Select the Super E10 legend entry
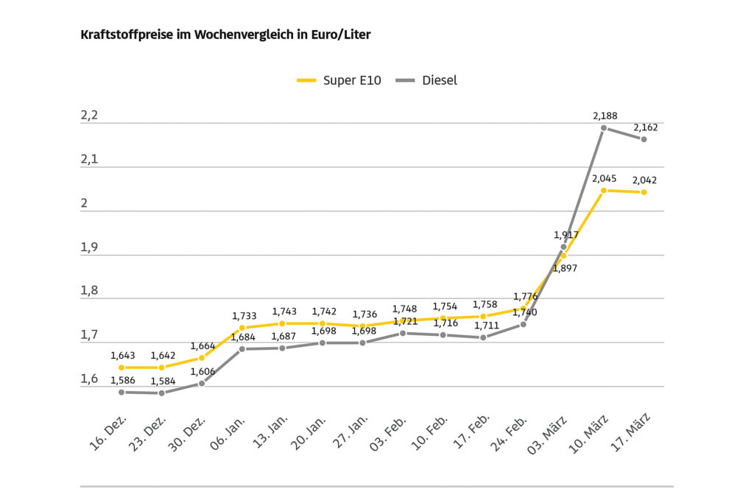point(339,80)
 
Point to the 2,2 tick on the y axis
point(89,116)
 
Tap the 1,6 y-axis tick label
point(89,379)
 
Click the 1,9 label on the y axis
point(89,247)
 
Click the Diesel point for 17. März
point(644,139)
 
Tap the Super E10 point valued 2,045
point(604,191)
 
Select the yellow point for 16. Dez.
point(121,367)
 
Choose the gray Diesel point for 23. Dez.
point(162,393)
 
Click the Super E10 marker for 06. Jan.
point(242,328)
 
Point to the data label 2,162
point(646,127)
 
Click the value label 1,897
point(565,269)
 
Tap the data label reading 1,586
point(123,381)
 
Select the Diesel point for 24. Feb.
point(524,324)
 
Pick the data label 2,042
point(645,180)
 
